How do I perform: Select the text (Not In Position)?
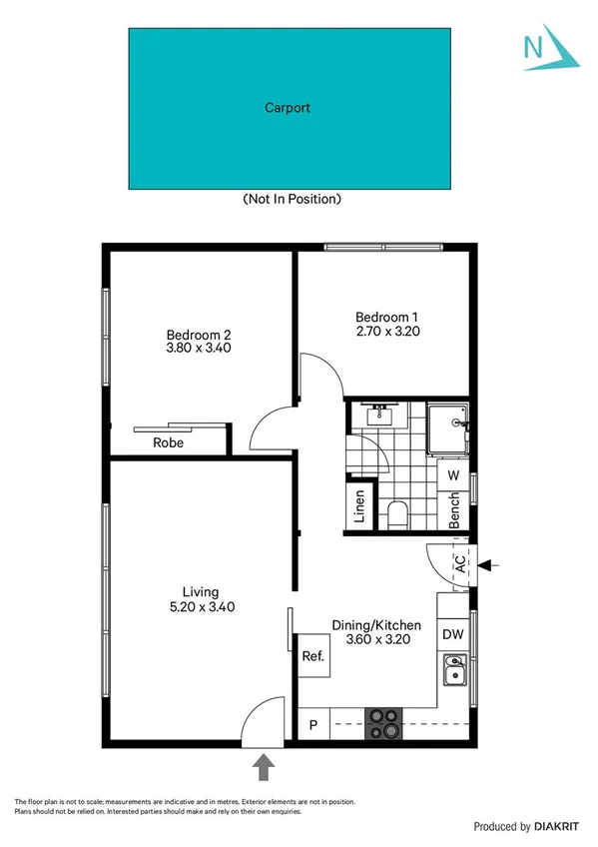click(x=293, y=199)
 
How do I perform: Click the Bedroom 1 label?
click(x=385, y=317)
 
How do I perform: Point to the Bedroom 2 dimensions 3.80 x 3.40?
click(x=200, y=350)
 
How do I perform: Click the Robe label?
click(x=167, y=442)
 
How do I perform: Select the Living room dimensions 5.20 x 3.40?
click(x=202, y=606)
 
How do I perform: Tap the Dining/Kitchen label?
click(x=376, y=625)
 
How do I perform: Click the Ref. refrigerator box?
click(x=313, y=657)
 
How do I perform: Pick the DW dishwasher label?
click(x=452, y=634)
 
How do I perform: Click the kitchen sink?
click(x=454, y=671)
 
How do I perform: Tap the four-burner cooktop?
click(x=382, y=723)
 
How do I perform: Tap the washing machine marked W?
click(x=452, y=475)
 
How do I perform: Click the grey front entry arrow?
click(x=264, y=766)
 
